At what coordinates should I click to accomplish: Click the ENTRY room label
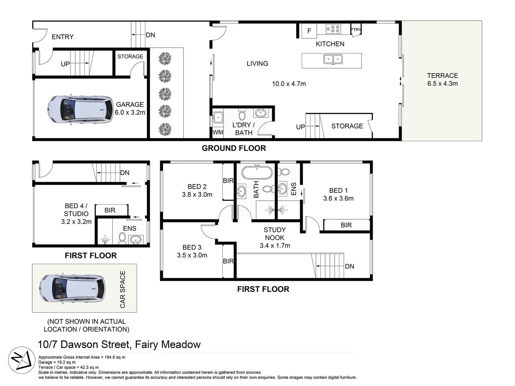coord(63,37)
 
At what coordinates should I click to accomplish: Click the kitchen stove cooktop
coord(333,29)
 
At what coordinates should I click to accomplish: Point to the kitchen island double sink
coord(333,59)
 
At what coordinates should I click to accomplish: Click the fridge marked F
coord(309,31)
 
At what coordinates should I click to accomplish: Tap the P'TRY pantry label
coord(356,30)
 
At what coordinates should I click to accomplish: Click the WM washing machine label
coord(218,132)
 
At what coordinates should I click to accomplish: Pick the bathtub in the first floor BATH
coord(257,172)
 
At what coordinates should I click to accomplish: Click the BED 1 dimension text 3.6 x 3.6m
coord(338,198)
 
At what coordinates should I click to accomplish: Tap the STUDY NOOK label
coord(275,234)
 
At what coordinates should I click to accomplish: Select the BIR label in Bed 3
coord(228,261)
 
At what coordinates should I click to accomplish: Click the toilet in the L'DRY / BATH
coord(242,115)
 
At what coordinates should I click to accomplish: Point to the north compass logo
coord(22,360)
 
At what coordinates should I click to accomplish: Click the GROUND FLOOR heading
coord(234,148)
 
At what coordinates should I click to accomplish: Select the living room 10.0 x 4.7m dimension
coord(289,84)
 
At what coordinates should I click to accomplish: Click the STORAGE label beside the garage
coord(130,56)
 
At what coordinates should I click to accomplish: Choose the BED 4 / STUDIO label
coord(76,210)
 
